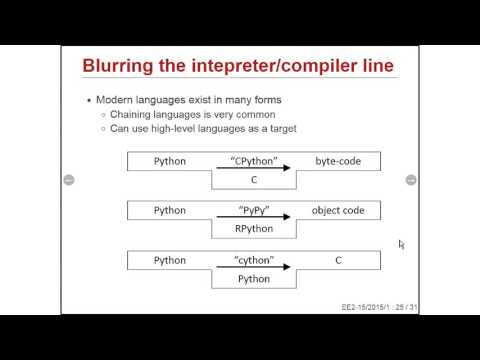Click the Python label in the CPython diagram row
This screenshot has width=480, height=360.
click(169, 160)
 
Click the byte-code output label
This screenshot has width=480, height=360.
click(338, 160)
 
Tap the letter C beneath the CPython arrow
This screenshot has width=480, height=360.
click(253, 179)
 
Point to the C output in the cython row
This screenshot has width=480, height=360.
click(338, 260)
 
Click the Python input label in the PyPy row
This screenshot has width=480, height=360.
click(169, 210)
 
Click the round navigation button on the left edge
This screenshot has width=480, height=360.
click(68, 180)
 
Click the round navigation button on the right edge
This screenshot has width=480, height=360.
click(410, 180)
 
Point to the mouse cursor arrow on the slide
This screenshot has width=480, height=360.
click(401, 244)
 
